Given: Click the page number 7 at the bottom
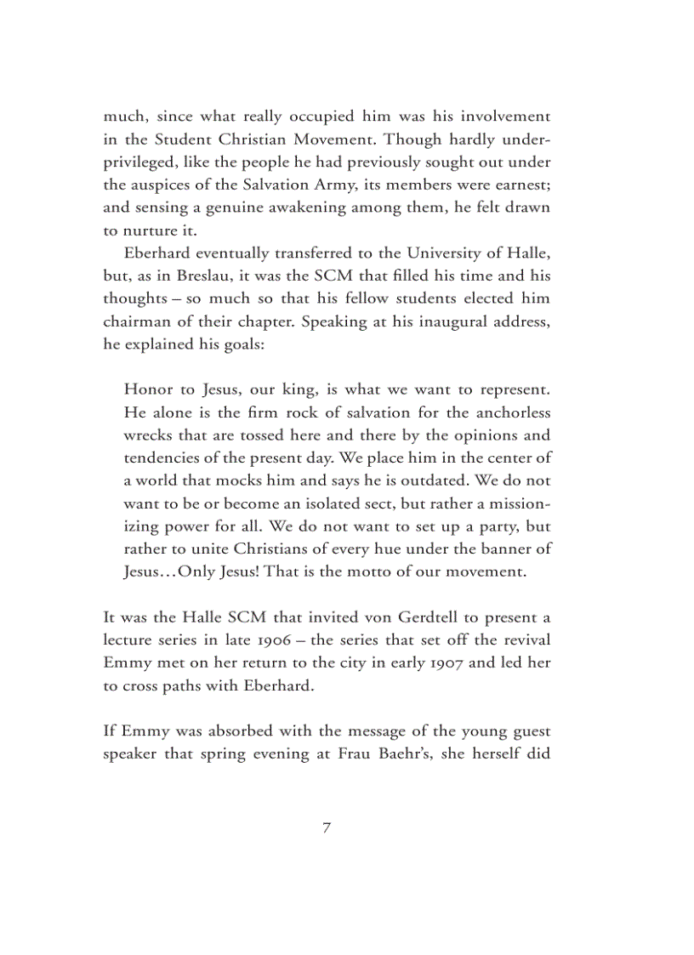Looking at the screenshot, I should [x=327, y=827].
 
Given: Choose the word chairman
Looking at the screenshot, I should [x=138, y=321].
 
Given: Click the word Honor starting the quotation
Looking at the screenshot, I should [x=150, y=389].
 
